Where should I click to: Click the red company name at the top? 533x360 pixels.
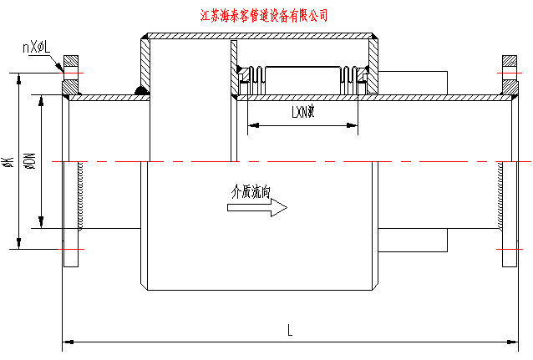[x=265, y=15]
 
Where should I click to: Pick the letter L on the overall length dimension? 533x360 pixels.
[x=289, y=330]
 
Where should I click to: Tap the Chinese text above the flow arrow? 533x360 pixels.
[x=251, y=191]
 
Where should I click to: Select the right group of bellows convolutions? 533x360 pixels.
[x=350, y=79]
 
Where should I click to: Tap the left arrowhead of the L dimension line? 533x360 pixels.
[x=67, y=341]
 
